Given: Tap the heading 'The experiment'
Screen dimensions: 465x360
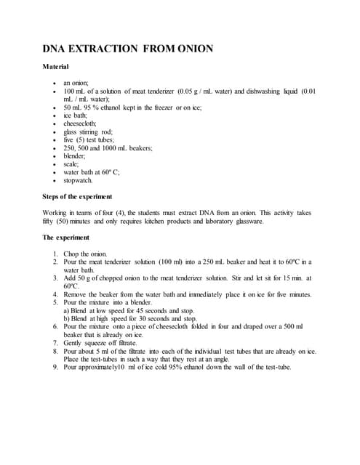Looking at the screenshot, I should click(x=66, y=238).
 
